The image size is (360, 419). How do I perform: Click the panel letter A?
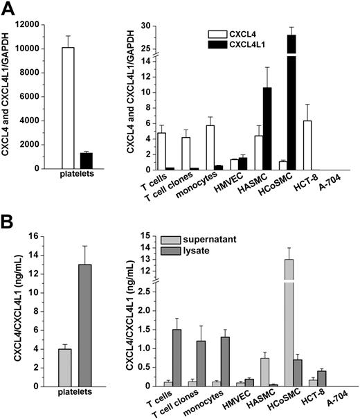pos(8,9)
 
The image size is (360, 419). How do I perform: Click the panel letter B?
pos(8,224)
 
